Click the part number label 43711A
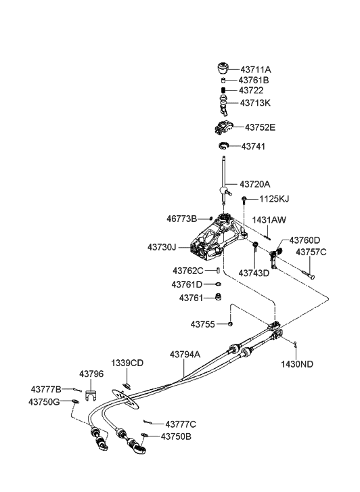[x=256, y=69]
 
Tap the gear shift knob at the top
[x=223, y=69]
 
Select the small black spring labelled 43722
[x=223, y=91]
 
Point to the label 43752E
[x=260, y=127]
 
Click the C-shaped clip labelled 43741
[x=223, y=146]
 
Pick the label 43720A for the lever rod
[x=255, y=184]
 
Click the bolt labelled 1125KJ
[x=244, y=199]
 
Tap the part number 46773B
[x=182, y=219]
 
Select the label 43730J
[x=162, y=247]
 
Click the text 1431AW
[x=269, y=220]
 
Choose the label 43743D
[x=254, y=273]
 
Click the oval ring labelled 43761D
[x=218, y=284]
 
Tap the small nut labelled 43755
[x=230, y=323]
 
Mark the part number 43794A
[x=185, y=355]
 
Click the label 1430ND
[x=297, y=364]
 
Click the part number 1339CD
[x=127, y=363]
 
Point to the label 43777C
[x=181, y=424]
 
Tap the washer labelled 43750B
[x=145, y=435]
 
